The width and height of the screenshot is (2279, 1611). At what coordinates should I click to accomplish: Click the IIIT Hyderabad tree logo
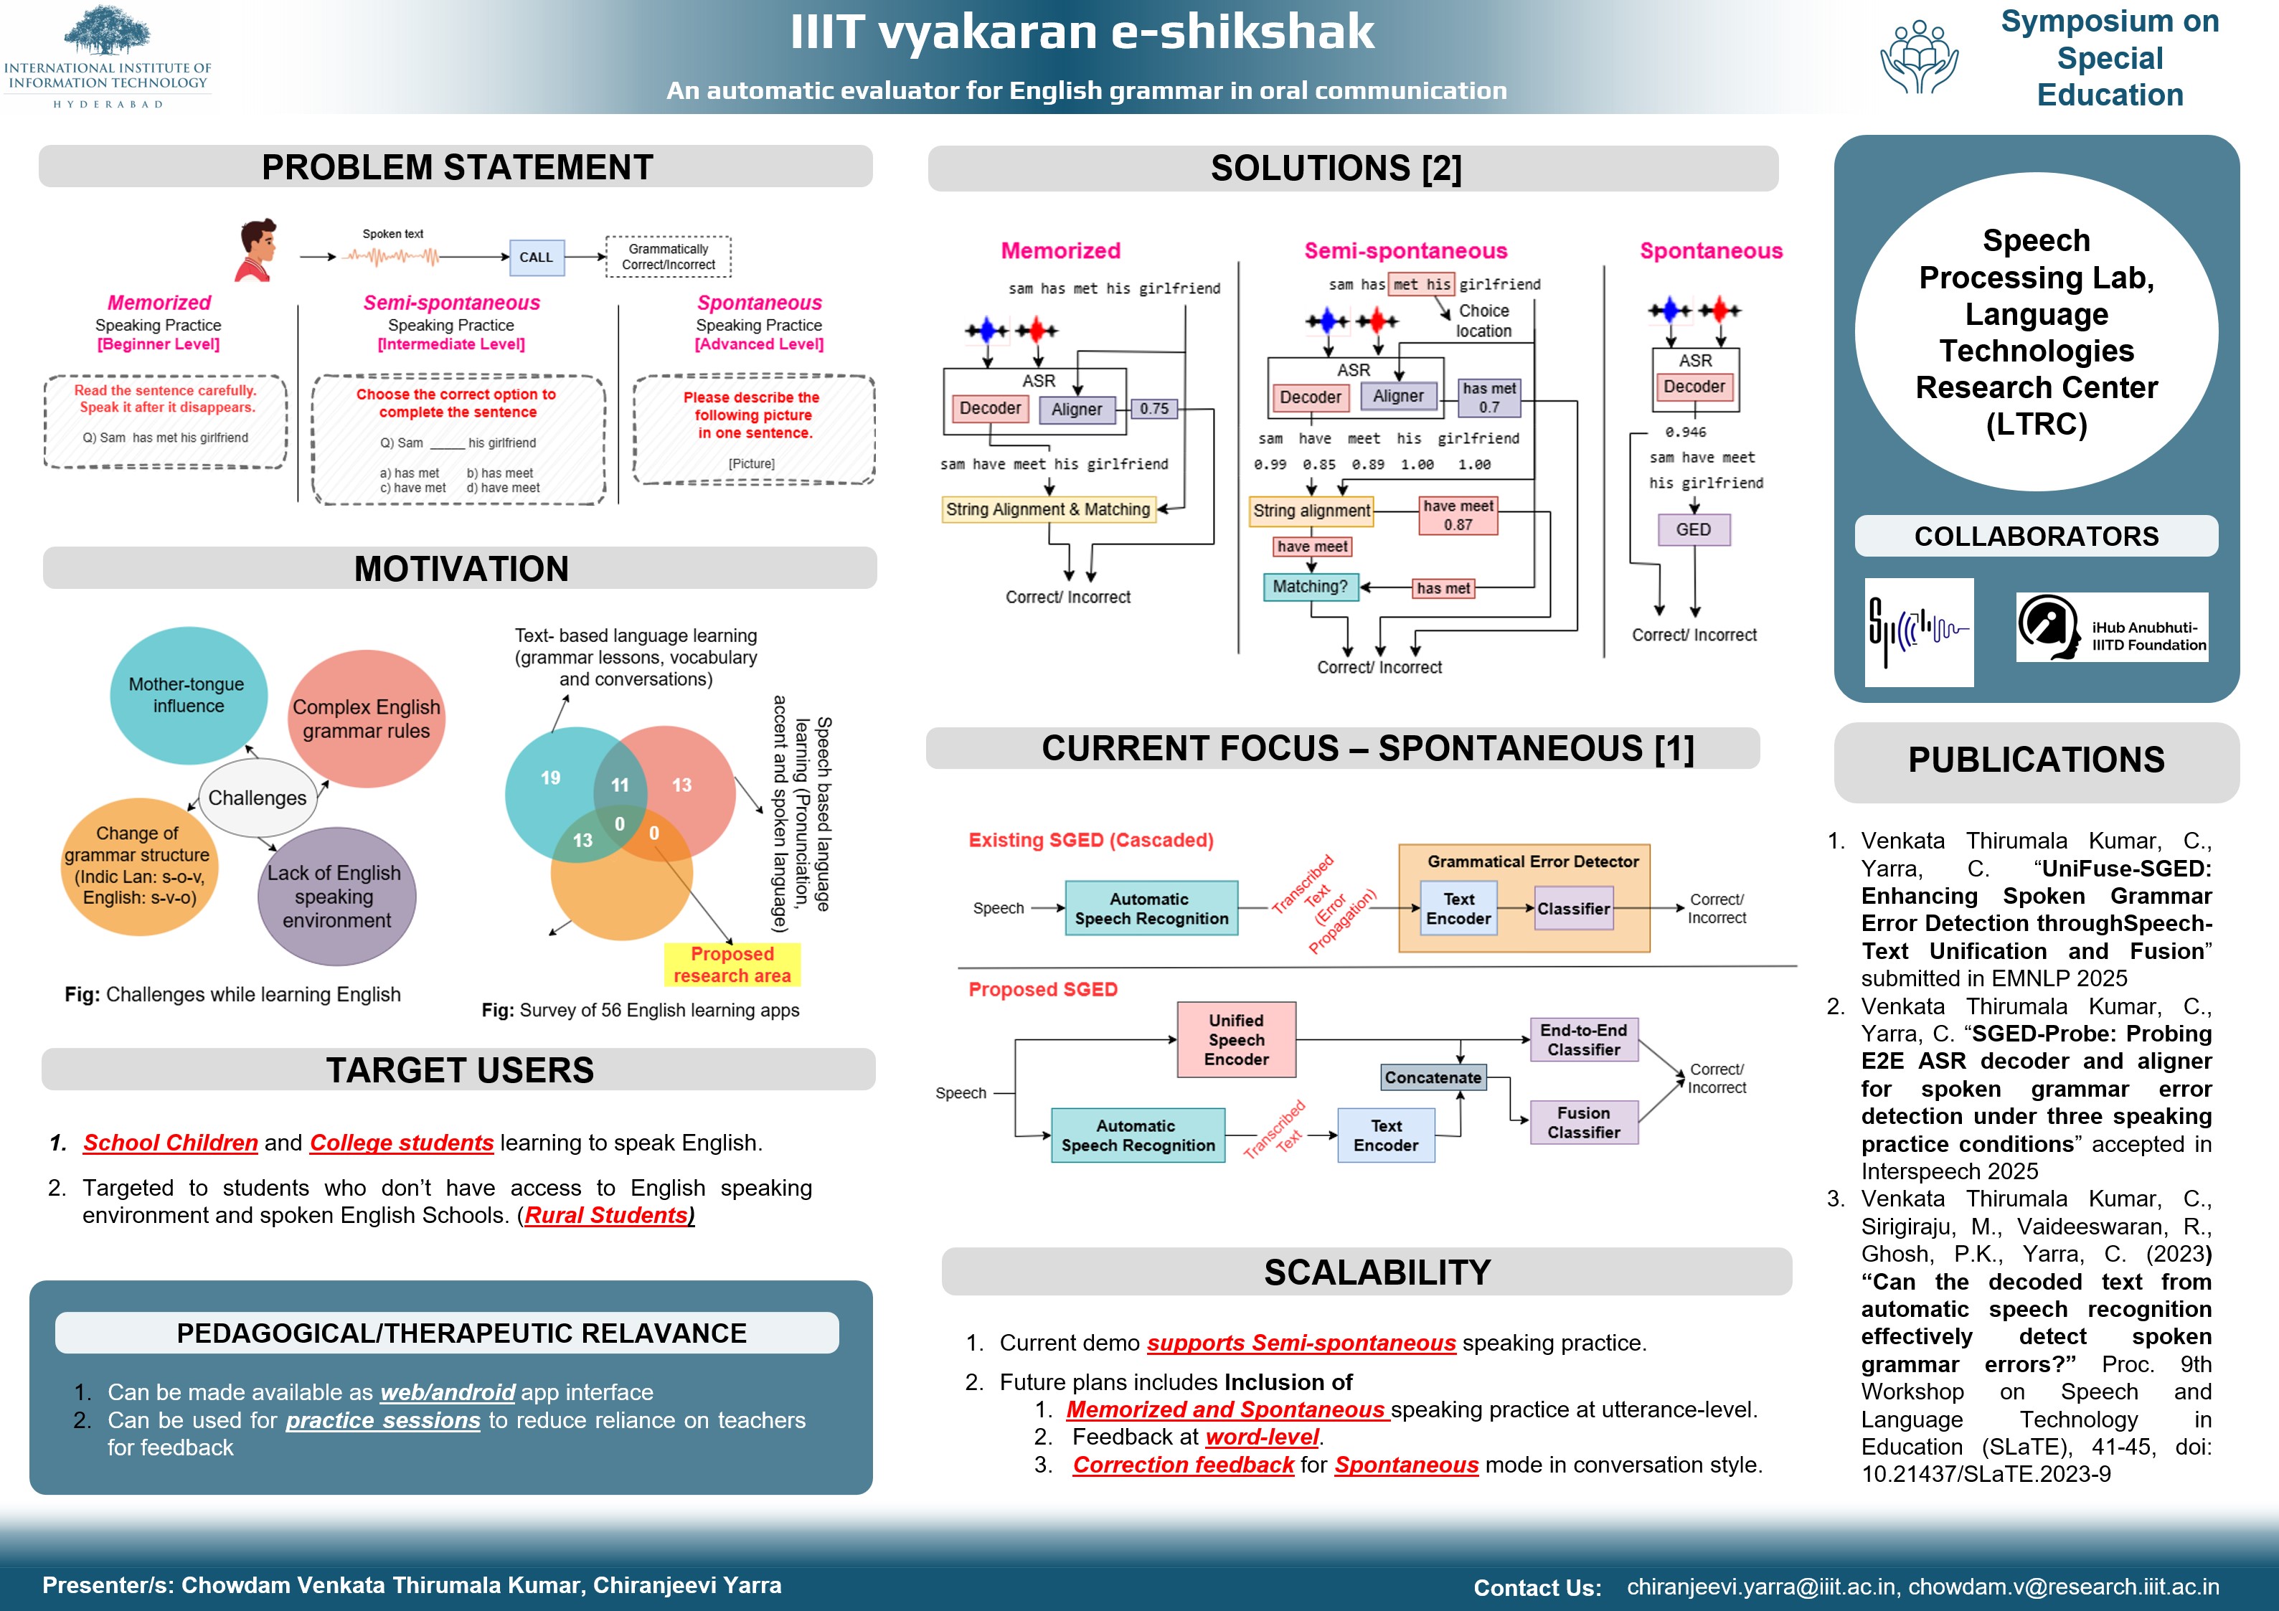point(107,32)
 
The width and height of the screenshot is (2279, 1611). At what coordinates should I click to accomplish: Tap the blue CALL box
point(536,257)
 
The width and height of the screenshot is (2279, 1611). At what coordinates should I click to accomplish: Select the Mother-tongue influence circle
point(188,695)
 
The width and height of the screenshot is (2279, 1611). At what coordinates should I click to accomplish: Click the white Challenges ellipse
point(257,798)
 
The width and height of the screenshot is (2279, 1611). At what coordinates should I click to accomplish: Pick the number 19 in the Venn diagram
point(551,778)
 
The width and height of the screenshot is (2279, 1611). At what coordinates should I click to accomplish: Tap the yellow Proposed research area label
point(732,965)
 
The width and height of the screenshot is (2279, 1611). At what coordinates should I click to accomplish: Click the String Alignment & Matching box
point(1047,509)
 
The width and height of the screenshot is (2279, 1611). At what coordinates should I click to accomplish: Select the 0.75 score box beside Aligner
point(1153,409)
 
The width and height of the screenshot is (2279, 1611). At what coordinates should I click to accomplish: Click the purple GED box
point(1694,530)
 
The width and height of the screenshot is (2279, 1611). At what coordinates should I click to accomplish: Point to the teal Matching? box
point(1310,587)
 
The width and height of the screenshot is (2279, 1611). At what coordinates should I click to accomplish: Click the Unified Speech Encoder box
point(1236,1040)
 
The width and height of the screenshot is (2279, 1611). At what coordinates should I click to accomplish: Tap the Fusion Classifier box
point(1583,1123)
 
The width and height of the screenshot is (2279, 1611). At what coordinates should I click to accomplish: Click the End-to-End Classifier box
point(1583,1040)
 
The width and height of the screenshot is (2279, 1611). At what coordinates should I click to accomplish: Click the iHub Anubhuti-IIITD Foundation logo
point(2111,628)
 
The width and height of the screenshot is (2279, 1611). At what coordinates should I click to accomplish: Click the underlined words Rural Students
point(606,1216)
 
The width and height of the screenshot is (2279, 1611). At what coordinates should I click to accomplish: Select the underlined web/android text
point(448,1393)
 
